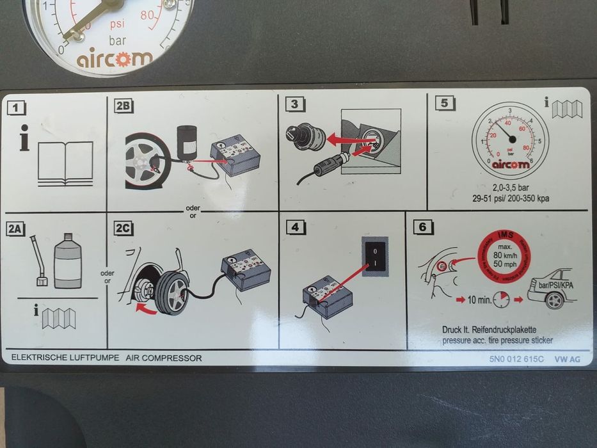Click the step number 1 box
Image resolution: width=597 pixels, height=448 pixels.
coord(17,108)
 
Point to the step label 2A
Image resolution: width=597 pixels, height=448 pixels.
coord(16,228)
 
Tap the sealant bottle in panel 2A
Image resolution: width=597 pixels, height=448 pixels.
coord(67,260)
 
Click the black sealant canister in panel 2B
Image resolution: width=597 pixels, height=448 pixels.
coord(187,139)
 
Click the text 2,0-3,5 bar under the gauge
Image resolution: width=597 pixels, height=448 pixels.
coord(510,188)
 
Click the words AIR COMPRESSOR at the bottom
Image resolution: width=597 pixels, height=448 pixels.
coord(164,358)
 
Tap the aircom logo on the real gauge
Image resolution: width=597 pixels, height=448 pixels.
coord(115,60)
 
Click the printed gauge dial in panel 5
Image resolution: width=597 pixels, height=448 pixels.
coord(510,140)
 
